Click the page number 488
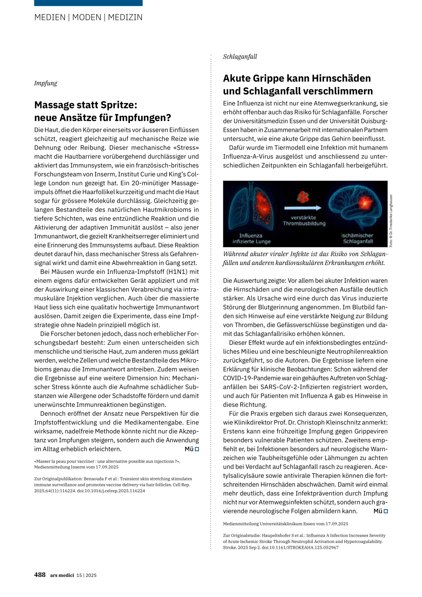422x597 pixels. pos(40,575)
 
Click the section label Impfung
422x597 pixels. pos(45,83)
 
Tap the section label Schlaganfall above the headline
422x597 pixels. pos(240,57)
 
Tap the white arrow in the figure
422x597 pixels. pos(303,208)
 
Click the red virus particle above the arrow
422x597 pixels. pos(303,197)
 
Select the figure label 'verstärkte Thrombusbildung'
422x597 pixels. pos(304,221)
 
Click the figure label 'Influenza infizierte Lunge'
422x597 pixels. pos(251,239)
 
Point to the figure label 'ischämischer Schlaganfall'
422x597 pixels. pos(357,239)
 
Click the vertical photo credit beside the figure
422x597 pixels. pos(391,221)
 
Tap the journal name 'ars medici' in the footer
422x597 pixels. pos(62,575)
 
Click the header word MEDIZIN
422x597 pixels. pos(125,17)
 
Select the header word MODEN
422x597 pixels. pos(87,17)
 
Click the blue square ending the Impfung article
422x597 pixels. pos(197,449)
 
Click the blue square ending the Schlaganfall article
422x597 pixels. pos(386,511)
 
